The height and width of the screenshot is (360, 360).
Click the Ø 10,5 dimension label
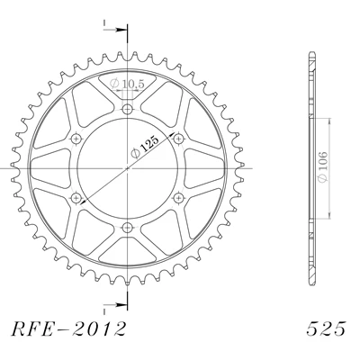pos(127,84)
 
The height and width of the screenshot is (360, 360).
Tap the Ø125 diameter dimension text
pos(145,147)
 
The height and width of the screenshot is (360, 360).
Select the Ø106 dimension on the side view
pos(323,166)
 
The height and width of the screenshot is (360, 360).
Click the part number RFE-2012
pos(68,328)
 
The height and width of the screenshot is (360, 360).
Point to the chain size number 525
pos(326,328)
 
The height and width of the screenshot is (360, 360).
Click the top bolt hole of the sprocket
pos(128,109)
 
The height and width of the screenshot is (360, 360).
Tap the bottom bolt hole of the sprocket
pos(128,228)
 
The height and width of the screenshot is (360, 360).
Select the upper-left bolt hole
pos(76,139)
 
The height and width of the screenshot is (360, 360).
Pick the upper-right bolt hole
pos(179,139)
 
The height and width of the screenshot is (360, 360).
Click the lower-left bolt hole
pos(76,198)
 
